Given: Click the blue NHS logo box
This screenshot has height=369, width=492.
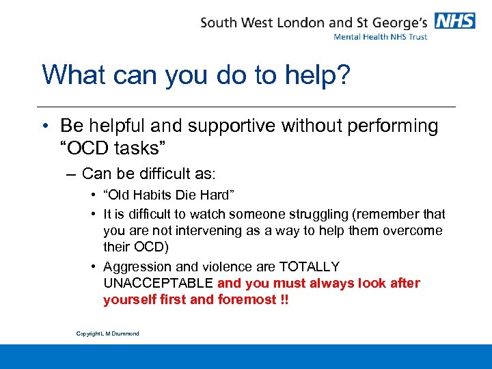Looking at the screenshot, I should (455, 21).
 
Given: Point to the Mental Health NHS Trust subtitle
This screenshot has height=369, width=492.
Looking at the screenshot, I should (380, 37).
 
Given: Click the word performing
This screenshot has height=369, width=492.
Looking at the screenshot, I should (393, 126).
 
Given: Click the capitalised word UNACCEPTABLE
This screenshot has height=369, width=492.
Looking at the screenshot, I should (158, 283).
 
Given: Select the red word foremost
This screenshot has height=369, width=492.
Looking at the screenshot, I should (246, 299).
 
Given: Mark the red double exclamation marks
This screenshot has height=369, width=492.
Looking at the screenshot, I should (284, 299).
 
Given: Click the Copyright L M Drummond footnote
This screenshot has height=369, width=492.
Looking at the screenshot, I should (107, 333).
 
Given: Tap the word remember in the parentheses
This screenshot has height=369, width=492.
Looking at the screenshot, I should (395, 215).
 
